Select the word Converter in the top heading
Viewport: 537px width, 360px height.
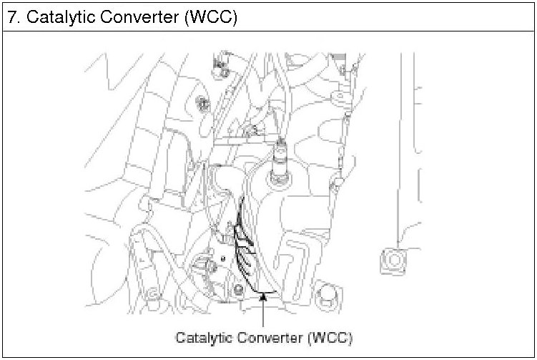coord(143,17)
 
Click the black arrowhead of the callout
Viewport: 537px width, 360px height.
coord(265,295)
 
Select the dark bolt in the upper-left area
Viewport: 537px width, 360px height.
coord(202,102)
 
